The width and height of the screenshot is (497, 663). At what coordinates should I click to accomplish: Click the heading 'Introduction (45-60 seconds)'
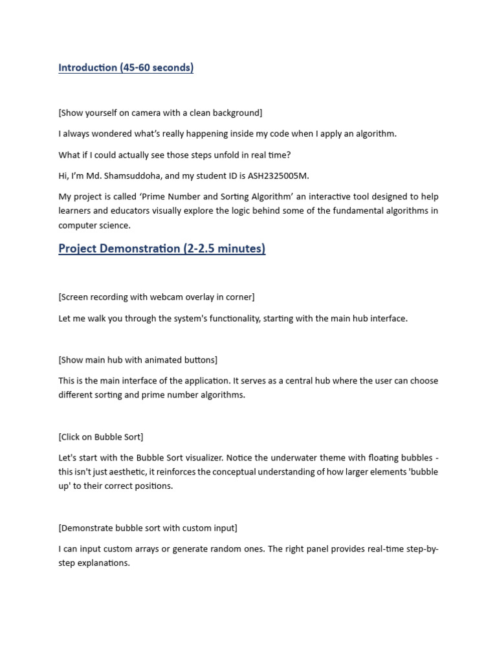tap(126, 68)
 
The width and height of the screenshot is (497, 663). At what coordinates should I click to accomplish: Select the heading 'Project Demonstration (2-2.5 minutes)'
tap(162, 249)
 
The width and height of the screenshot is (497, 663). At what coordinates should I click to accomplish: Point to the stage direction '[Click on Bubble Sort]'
tap(100, 437)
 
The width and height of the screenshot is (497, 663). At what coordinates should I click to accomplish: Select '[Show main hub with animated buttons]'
tap(138, 359)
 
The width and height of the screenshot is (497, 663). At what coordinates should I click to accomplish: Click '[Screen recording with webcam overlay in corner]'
tap(157, 297)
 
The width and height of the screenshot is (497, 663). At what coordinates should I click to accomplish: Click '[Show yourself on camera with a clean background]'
tap(160, 113)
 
